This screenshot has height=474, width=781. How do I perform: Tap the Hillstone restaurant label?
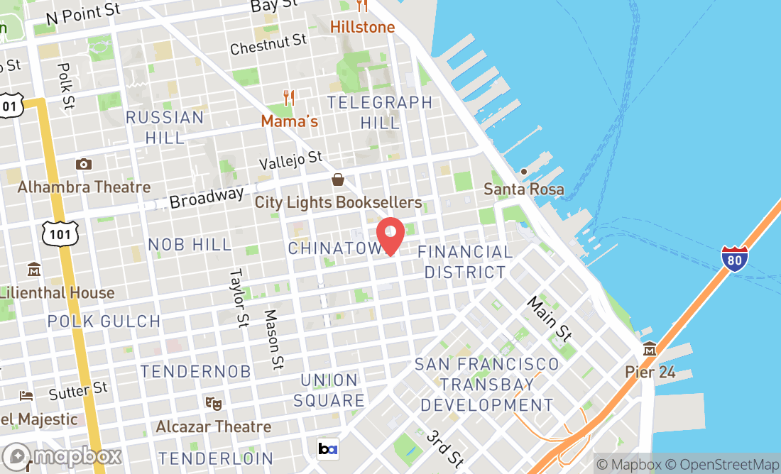pos(362,27)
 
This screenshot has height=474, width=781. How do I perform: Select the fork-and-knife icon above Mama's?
pos(288,98)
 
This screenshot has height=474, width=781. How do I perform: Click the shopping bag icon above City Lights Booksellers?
pos(338,180)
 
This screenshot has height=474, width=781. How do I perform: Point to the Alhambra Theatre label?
pos(84,187)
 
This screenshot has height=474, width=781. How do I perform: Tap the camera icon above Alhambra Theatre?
pos(84,165)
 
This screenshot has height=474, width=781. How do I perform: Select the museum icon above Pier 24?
pos(650,349)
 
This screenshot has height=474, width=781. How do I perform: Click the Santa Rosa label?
pos(523,189)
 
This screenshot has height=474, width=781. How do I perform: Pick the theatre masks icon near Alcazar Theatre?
pos(211,403)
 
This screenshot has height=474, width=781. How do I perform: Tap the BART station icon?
pos(328,448)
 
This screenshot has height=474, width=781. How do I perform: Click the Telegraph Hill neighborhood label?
pos(380,112)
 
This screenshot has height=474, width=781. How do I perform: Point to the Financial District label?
pos(464,262)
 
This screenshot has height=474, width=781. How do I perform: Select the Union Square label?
pos(329,390)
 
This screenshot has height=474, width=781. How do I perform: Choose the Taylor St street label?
pos(237,297)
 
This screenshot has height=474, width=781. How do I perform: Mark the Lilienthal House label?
pos(57,292)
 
